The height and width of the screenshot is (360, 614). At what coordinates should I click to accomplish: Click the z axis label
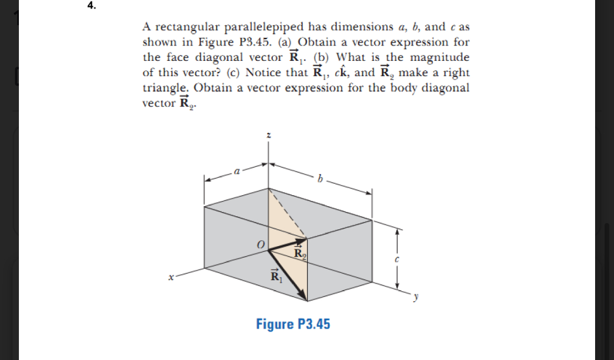(268, 135)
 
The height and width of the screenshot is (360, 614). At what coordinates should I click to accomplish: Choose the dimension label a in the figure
(237, 171)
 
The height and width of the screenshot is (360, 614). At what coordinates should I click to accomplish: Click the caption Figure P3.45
(293, 324)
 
